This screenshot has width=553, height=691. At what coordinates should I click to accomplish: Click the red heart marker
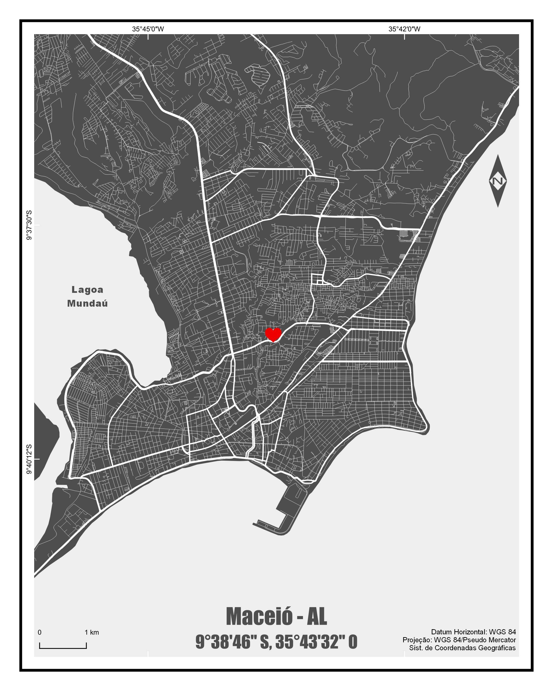click(x=273, y=334)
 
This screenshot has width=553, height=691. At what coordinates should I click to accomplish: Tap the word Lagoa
click(x=87, y=290)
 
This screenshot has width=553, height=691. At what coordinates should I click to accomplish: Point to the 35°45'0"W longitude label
click(x=148, y=29)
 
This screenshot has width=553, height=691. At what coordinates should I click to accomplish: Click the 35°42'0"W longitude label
click(x=404, y=29)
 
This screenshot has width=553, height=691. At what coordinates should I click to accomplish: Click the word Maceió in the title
click(x=259, y=616)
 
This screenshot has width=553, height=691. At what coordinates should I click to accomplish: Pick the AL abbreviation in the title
click(x=317, y=616)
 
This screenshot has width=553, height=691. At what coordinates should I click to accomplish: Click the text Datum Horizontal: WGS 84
click(x=473, y=632)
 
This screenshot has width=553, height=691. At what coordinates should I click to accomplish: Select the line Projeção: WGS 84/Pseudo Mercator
click(x=459, y=640)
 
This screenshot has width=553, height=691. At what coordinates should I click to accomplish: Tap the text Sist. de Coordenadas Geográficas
click(x=462, y=648)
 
